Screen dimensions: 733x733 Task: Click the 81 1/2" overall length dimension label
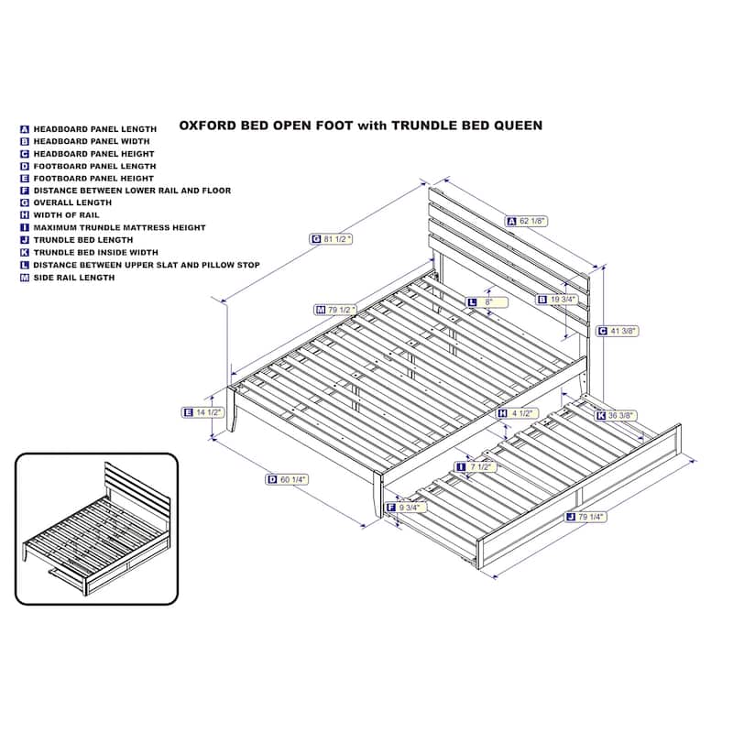[331, 239]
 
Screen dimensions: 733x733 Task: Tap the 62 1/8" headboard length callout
[526, 221]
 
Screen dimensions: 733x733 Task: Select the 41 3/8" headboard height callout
[617, 331]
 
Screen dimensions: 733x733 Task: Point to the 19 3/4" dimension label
[557, 300]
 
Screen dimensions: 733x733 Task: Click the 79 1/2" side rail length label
[335, 310]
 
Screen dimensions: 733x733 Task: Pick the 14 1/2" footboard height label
[202, 412]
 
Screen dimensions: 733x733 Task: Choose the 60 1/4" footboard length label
[287, 479]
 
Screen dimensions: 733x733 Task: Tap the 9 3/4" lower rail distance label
[406, 508]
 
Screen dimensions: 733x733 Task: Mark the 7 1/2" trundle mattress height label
[476, 467]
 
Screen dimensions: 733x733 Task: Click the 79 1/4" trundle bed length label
[585, 517]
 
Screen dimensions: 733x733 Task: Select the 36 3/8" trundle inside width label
[616, 416]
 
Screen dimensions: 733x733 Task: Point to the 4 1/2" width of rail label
[517, 414]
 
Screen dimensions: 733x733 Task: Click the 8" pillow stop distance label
[487, 302]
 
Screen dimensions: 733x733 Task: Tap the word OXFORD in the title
[208, 126]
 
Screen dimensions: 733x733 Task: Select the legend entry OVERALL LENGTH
[72, 202]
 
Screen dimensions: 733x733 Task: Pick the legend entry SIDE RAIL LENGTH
[74, 278]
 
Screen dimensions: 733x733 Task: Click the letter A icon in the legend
[25, 129]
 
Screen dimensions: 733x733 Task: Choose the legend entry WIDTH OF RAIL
[66, 215]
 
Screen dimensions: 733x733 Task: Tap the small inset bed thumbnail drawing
[97, 529]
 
